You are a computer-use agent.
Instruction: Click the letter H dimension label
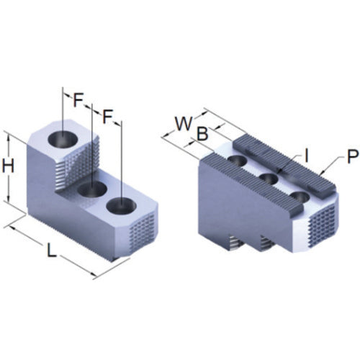[x=8, y=166]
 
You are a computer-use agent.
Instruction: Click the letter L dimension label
[x=51, y=251]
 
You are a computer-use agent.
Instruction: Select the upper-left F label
[x=78, y=99]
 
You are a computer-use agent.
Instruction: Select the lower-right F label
[x=107, y=117]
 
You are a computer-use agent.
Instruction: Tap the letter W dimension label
[x=184, y=124]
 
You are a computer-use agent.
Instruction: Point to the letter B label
[x=202, y=133]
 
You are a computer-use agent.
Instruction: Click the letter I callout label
[x=306, y=156]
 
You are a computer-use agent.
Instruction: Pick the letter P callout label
[x=352, y=156]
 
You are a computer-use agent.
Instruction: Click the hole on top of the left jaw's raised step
[x=63, y=139]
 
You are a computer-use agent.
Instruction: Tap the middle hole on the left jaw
[x=92, y=189]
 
